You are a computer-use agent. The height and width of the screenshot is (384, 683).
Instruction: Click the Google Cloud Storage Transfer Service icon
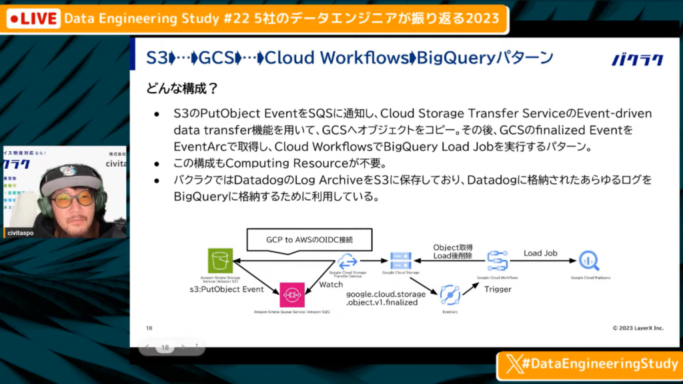(348, 261)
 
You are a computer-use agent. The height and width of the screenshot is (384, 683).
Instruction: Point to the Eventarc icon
(450, 293)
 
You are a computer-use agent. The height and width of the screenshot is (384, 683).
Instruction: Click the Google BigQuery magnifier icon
(590, 260)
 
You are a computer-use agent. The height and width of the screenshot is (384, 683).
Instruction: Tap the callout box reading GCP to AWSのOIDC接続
(309, 238)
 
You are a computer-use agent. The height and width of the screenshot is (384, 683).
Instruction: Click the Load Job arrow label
(540, 253)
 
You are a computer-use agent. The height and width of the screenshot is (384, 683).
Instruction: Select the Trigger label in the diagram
(498, 289)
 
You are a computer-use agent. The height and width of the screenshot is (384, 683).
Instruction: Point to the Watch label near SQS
(331, 284)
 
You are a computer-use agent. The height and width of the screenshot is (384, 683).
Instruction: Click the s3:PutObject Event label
(227, 289)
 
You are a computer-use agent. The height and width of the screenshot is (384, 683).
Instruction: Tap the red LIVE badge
(32, 19)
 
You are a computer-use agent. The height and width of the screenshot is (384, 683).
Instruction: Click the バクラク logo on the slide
(638, 59)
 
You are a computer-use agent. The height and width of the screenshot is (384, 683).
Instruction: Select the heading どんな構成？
(182, 88)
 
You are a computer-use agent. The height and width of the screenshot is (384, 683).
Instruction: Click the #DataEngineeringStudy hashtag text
(598, 364)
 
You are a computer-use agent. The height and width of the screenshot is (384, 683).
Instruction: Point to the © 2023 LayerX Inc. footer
(638, 328)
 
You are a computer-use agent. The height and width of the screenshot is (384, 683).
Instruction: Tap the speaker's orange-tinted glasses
(73, 198)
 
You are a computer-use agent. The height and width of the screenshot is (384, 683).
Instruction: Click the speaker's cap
(71, 177)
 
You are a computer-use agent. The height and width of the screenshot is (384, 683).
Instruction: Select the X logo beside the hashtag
(513, 364)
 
